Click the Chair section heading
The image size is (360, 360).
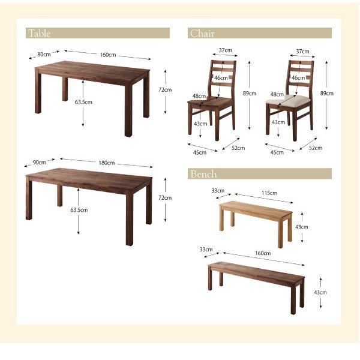pos(202,34)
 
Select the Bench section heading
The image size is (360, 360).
pos(203,174)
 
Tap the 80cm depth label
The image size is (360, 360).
pos(43,54)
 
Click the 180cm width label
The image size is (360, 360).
pos(107,163)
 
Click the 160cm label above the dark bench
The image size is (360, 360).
pos(262,253)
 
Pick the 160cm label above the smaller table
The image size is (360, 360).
pos(107,55)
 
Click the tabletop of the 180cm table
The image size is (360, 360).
pos(90,179)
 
